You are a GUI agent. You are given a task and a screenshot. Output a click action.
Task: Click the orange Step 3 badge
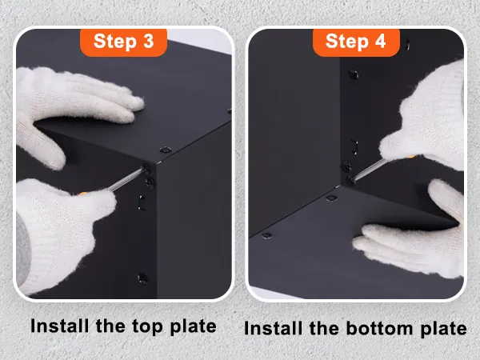(124, 42)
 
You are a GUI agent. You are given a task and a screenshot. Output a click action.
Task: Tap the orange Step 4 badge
(356, 42)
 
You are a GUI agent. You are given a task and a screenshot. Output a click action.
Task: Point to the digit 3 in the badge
(149, 41)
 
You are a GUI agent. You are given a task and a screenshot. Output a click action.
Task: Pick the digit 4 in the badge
(380, 41)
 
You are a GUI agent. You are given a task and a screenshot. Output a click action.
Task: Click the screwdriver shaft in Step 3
(126, 180)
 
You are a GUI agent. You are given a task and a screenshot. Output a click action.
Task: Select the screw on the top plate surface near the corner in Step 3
(166, 150)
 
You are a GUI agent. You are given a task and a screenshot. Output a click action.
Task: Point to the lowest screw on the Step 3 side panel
(142, 278)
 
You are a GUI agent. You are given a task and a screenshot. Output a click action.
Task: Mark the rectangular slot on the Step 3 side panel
(142, 202)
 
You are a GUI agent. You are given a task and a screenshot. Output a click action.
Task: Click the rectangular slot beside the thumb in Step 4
(354, 147)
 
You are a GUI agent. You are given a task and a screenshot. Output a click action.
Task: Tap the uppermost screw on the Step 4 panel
(354, 74)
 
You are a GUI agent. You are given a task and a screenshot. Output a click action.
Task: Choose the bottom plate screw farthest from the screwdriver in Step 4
(266, 236)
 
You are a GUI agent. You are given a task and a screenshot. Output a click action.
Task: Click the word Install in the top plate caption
(59, 326)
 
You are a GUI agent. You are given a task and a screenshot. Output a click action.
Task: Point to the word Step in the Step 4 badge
(347, 42)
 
